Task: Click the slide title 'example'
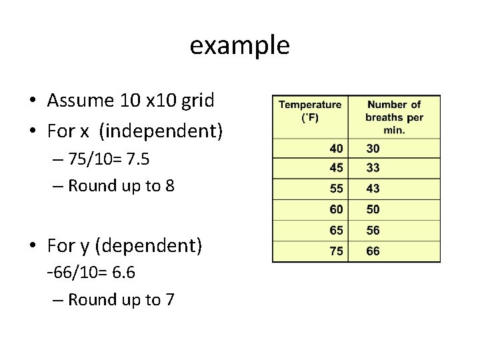coord(239,45)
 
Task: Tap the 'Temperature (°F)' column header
coord(310,111)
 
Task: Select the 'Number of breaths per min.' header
coord(394,117)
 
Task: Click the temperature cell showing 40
coord(337,148)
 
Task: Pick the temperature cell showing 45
coord(337,168)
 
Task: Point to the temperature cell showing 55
coord(337,189)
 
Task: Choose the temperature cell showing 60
coord(337,209)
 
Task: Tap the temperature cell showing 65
coord(337,230)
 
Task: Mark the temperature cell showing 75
coord(337,251)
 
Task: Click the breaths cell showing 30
coord(373,148)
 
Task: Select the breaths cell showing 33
coord(373,168)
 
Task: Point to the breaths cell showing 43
coord(373,189)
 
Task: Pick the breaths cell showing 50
coord(373,209)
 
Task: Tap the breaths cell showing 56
coord(373,230)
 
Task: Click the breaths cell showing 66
coord(373,251)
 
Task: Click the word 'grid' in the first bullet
coord(198,101)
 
